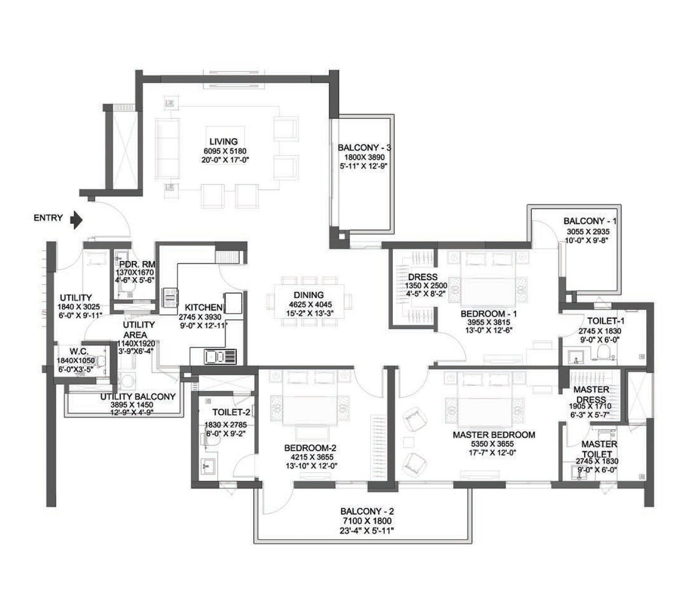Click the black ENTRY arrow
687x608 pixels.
[x=77, y=219]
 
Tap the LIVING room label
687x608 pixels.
[x=224, y=142]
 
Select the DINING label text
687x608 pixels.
[x=309, y=295]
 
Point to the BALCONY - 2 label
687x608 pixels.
[x=367, y=511]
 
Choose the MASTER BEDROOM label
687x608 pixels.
[x=494, y=434]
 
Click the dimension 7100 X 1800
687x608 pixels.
[x=367, y=521]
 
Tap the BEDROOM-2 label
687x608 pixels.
[x=311, y=448]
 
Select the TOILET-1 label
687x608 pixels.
[x=606, y=321]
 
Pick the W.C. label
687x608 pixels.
[x=79, y=352]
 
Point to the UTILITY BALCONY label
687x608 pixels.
[x=138, y=397]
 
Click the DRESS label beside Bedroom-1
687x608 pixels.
[x=423, y=277]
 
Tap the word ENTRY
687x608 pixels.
[x=48, y=218]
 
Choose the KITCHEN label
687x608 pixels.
[x=203, y=307]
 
